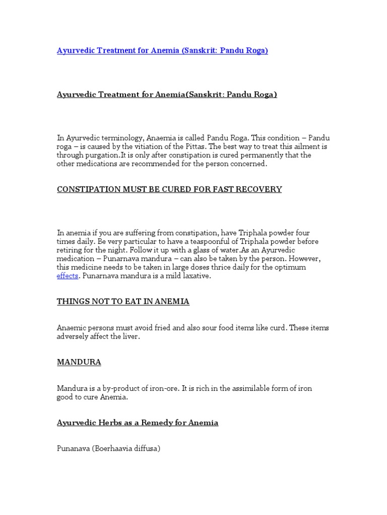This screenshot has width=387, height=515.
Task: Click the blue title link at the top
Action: [162, 51]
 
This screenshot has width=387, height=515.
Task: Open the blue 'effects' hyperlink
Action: [67, 276]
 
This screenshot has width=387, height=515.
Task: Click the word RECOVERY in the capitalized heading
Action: [262, 189]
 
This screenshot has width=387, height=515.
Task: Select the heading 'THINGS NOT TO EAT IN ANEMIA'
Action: [123, 301]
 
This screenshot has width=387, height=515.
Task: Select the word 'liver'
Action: [130, 336]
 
